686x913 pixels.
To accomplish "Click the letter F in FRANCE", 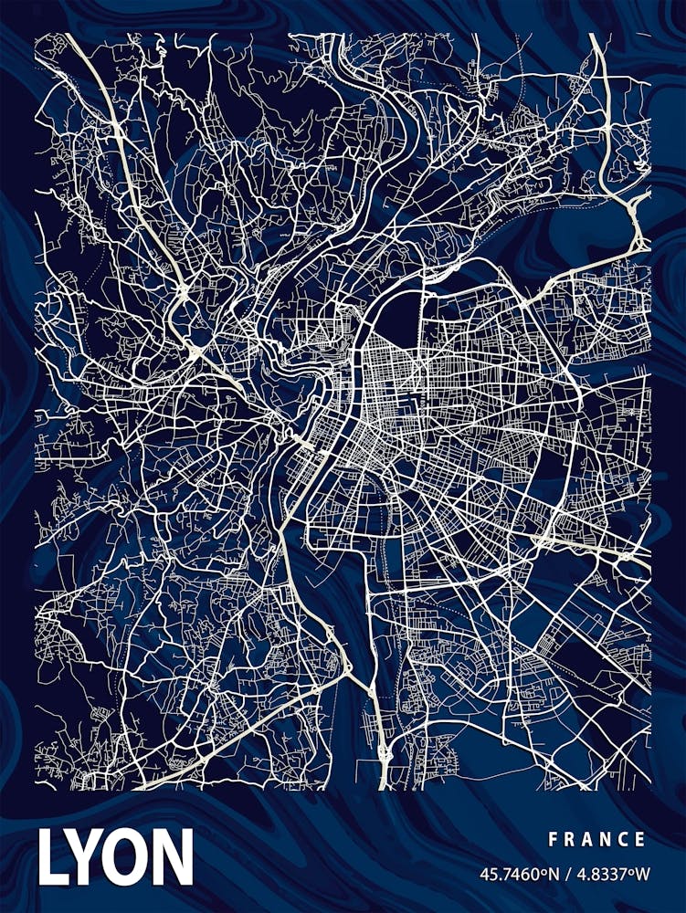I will coord(553,839).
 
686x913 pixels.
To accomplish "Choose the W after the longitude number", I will coord(642,875).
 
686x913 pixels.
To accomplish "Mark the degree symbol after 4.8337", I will coord(630,871).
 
